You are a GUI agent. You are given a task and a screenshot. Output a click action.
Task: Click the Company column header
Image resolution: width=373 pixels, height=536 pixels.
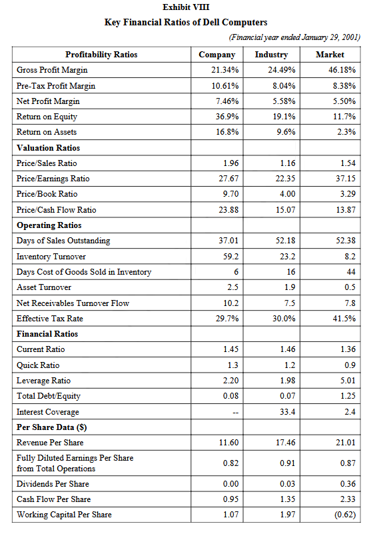(x=217, y=55)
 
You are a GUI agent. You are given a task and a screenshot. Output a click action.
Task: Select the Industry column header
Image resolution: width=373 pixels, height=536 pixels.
(x=271, y=55)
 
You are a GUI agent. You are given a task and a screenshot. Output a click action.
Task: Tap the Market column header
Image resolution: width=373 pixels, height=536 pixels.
(x=330, y=55)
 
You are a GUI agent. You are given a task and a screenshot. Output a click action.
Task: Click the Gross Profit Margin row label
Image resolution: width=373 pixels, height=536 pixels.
(x=52, y=70)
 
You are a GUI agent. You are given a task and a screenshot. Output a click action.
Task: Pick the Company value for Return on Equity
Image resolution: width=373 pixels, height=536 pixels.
(x=227, y=117)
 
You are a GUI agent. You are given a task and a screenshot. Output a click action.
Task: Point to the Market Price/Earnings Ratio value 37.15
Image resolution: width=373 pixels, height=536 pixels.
(x=346, y=179)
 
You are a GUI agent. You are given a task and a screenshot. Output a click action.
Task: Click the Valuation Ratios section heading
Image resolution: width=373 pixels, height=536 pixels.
(x=48, y=148)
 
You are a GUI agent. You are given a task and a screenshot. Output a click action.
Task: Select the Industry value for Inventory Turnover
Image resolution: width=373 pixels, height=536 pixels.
(x=287, y=257)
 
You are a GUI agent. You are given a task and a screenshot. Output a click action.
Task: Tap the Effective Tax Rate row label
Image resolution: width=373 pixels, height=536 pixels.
(x=50, y=319)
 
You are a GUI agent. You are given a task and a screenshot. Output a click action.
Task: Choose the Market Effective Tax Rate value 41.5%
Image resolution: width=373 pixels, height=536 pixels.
(x=344, y=319)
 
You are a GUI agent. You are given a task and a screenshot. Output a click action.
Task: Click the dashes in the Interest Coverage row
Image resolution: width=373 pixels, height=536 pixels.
(x=236, y=413)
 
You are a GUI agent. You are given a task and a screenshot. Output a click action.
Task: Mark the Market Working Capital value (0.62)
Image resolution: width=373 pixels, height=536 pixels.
(x=345, y=515)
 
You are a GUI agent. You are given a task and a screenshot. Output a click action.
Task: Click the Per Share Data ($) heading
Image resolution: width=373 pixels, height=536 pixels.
(x=51, y=427)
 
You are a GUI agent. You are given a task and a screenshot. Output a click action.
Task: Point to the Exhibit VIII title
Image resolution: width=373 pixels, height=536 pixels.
(x=186, y=7)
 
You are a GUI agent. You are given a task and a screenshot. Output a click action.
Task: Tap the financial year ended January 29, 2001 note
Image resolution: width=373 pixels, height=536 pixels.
(x=294, y=37)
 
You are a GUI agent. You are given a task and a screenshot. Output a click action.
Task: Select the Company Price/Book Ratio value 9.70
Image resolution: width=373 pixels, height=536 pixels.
(x=231, y=194)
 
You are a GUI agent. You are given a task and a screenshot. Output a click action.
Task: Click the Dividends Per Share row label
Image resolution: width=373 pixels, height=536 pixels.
(x=53, y=484)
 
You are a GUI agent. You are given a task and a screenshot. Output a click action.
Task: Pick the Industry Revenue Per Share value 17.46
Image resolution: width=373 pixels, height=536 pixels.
(x=286, y=443)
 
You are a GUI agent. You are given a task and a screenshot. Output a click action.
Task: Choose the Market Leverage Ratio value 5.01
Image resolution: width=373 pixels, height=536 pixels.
(x=348, y=381)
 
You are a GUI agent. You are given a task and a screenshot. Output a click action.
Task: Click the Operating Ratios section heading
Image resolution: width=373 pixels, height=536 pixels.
(x=49, y=225)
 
